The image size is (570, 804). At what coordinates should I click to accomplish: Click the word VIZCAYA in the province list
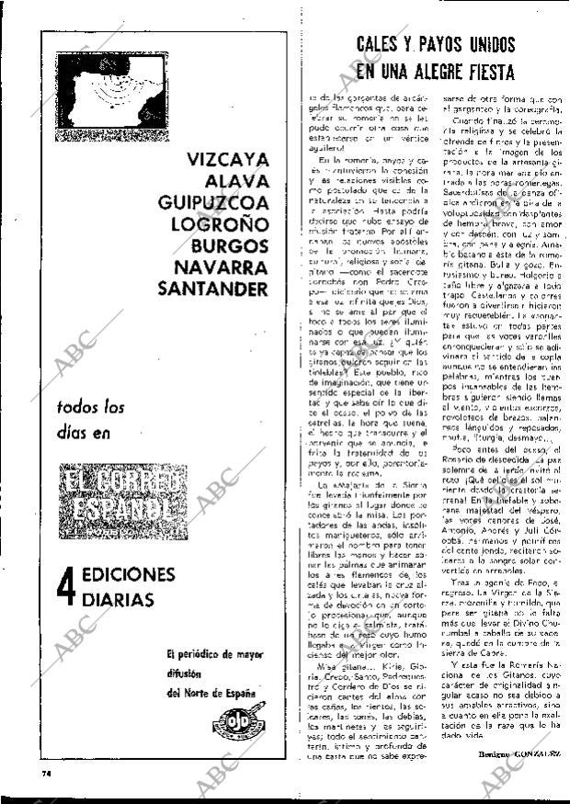pos(228,158)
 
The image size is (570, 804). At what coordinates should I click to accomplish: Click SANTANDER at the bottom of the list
pos(213,289)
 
